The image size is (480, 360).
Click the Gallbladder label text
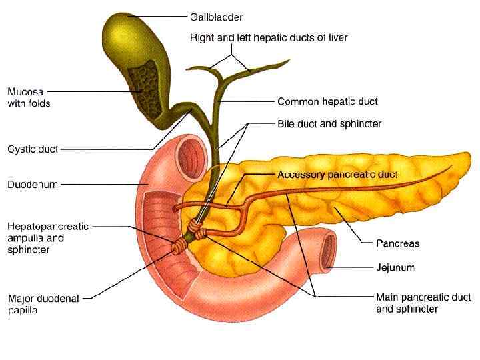tap(216, 17)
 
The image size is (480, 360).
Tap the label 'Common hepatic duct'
tap(327, 101)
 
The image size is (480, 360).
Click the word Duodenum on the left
tap(33, 185)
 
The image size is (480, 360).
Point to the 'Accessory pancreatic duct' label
tap(337, 175)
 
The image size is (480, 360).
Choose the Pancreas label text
tap(398, 244)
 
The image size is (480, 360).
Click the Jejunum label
tap(395, 267)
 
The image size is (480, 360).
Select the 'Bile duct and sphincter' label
tap(329, 123)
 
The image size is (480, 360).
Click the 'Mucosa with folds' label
tap(29, 97)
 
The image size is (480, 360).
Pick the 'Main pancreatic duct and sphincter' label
tap(407, 303)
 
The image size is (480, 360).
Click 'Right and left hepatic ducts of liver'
tap(269, 38)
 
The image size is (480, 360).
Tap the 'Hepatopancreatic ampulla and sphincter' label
tap(48, 238)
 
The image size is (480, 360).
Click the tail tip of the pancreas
tap(463, 160)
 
